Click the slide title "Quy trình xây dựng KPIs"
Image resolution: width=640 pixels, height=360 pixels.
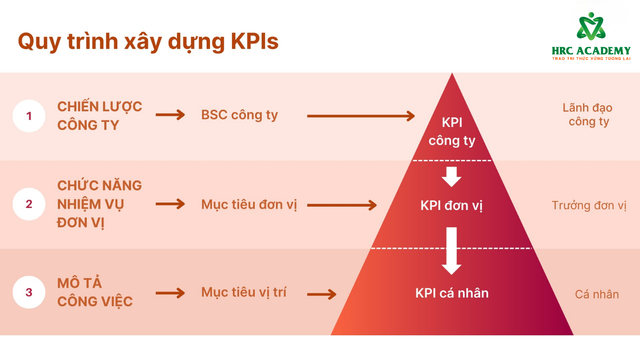(148, 42)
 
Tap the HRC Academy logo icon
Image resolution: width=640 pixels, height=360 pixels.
(591, 26)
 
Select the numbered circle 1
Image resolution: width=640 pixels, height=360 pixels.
(29, 116)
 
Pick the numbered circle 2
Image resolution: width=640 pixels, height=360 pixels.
(29, 204)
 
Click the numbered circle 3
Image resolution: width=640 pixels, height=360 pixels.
(29, 292)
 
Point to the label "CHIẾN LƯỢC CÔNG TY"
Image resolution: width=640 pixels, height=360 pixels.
(99, 116)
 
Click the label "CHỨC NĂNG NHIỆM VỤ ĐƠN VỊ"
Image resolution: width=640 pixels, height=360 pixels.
(99, 204)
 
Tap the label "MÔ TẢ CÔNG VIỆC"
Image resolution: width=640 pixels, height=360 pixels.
(95, 292)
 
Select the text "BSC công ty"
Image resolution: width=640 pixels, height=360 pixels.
(239, 115)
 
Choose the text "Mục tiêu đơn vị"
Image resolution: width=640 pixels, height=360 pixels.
(249, 205)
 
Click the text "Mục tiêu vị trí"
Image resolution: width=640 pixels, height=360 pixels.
(244, 292)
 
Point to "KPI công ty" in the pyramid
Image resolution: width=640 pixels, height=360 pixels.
(452, 131)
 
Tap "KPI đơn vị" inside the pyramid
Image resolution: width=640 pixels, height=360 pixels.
(451, 205)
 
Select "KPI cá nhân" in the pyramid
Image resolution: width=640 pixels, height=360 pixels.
(452, 293)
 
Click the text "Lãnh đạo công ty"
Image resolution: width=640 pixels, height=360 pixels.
(588, 115)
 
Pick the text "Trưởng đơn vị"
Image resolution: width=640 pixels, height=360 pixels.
(589, 205)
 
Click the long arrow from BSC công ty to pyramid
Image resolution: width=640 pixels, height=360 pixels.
(361, 116)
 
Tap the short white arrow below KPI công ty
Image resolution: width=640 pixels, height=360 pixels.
(452, 176)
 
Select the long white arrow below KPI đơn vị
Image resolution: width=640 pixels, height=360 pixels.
(452, 250)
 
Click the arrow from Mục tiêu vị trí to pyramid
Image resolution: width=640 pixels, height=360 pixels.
(322, 294)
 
